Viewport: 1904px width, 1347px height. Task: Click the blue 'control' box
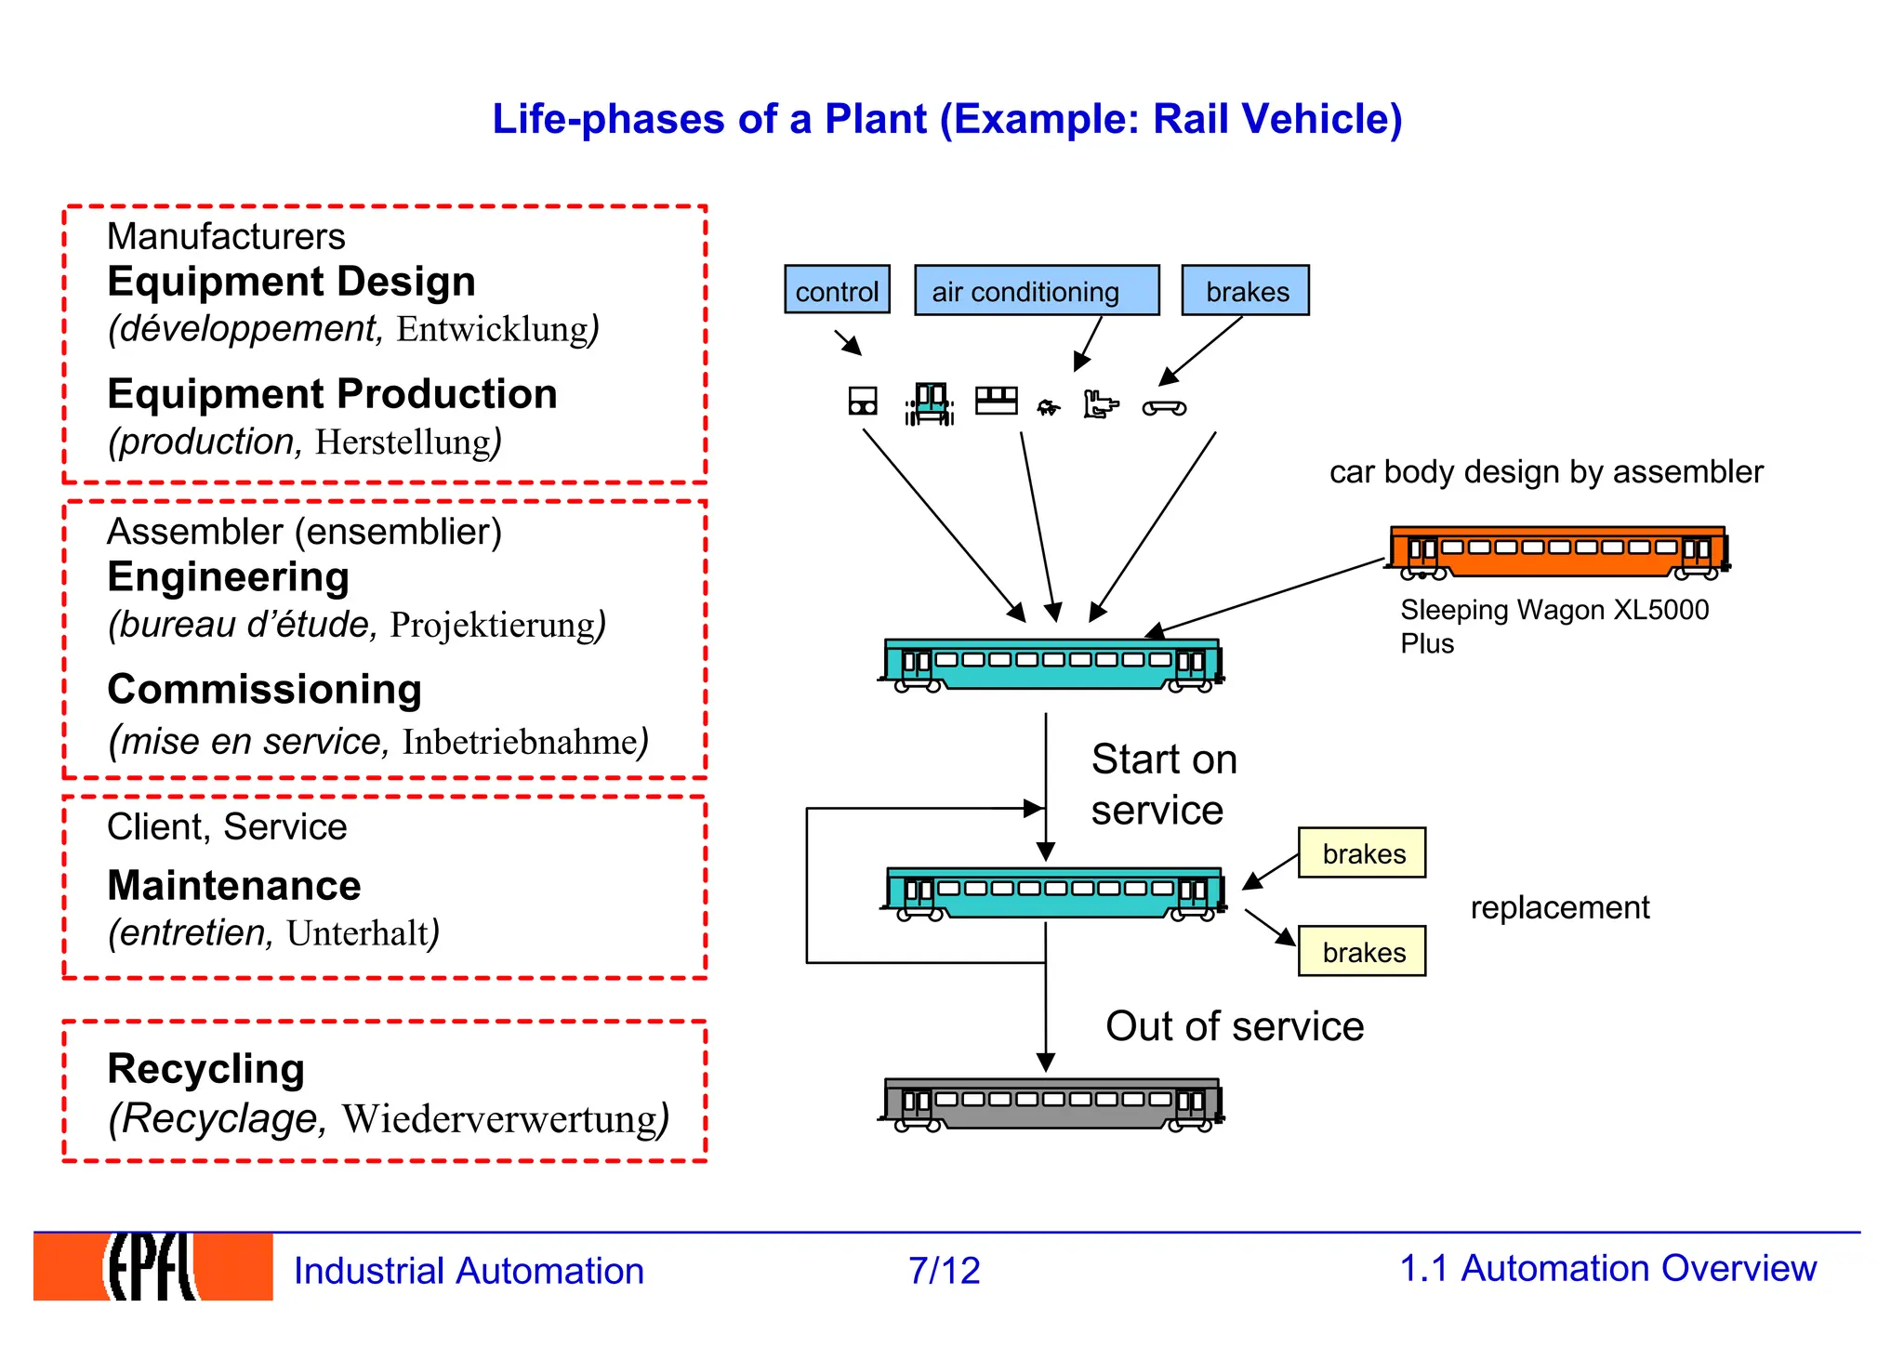[x=837, y=290]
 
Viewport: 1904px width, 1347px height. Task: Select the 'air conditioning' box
[x=1036, y=290]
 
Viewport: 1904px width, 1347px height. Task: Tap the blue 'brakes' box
[x=1245, y=290]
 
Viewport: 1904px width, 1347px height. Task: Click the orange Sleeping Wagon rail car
[x=1558, y=551]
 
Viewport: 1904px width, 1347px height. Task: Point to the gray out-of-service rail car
[x=1051, y=1104]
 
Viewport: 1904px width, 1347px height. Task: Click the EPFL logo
[x=152, y=1266]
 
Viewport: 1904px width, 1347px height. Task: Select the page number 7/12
[x=944, y=1270]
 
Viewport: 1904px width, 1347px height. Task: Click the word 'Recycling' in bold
[x=205, y=1069]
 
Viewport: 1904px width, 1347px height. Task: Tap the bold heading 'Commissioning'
[x=264, y=690]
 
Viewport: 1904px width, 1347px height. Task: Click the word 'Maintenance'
[x=233, y=886]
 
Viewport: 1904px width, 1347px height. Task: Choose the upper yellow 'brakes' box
[x=1362, y=853]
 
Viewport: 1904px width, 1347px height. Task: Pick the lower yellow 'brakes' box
[x=1362, y=951]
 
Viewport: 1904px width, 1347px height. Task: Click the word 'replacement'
[x=1559, y=907]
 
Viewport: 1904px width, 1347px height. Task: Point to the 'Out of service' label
[x=1234, y=1026]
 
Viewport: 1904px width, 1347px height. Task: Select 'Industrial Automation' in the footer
[x=469, y=1271]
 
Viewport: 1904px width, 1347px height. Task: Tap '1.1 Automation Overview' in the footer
[x=1607, y=1268]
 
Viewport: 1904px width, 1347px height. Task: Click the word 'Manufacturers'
[x=226, y=236]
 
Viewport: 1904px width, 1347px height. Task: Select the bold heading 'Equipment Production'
[x=332, y=394]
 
